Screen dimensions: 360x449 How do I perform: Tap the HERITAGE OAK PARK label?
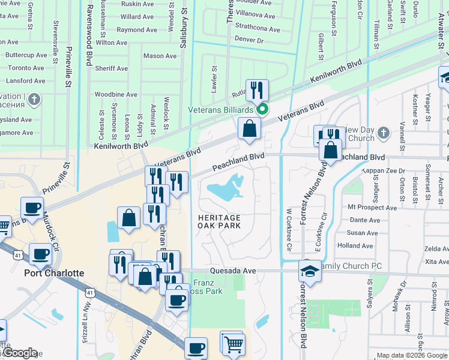pyautogui.click(x=220, y=221)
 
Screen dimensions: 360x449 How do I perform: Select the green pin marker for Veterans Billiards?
pyautogui.click(x=262, y=109)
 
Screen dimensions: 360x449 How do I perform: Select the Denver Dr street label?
pyautogui.click(x=249, y=40)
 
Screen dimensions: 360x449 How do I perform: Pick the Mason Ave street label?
pyautogui.click(x=160, y=56)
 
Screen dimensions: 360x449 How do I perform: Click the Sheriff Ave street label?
pyautogui.click(x=111, y=68)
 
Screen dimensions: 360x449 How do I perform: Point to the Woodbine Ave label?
pyautogui.click(x=116, y=95)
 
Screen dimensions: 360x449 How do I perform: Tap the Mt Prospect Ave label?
pyautogui.click(x=372, y=208)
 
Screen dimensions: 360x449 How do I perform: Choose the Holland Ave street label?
pyautogui.click(x=355, y=246)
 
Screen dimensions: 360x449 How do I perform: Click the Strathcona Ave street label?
pyautogui.click(x=257, y=29)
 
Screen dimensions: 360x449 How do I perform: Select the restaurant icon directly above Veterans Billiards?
pyautogui.click(x=257, y=90)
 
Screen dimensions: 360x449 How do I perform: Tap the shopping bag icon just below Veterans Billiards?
pyautogui.click(x=249, y=128)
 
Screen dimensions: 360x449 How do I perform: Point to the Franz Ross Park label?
pyautogui.click(x=207, y=287)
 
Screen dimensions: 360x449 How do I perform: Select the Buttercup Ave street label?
pyautogui.click(x=26, y=55)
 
